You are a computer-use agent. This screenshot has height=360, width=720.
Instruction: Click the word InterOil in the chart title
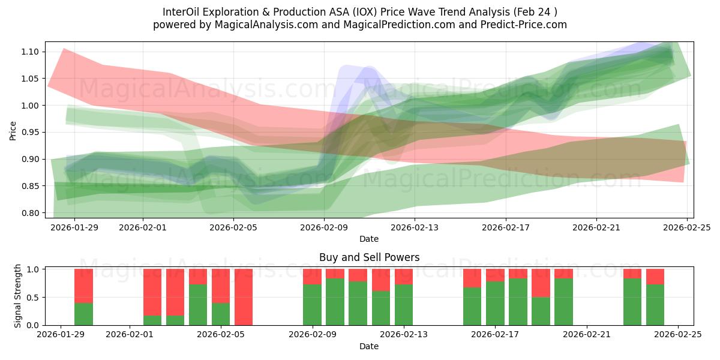pos(181,12)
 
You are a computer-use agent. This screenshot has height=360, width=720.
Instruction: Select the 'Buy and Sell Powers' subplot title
pos(368,257)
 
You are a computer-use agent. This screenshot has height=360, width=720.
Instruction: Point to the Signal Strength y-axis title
pos(18,296)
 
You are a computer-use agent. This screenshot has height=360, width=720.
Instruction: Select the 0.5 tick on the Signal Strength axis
pos(33,298)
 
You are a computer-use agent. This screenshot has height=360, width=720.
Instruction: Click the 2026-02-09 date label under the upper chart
pos(324,227)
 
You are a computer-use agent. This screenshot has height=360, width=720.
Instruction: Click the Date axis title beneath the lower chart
pos(368,346)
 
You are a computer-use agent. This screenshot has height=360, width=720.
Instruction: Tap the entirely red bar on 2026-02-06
pos(244,297)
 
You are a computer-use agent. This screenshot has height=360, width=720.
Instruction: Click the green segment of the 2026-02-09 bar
pos(312,305)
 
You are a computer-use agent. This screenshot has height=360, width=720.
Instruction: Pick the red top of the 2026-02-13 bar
pos(404,276)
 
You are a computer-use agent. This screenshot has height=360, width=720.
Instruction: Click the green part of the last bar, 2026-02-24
pos(655,305)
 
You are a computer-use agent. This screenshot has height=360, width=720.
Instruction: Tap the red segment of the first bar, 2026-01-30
pos(83,286)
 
